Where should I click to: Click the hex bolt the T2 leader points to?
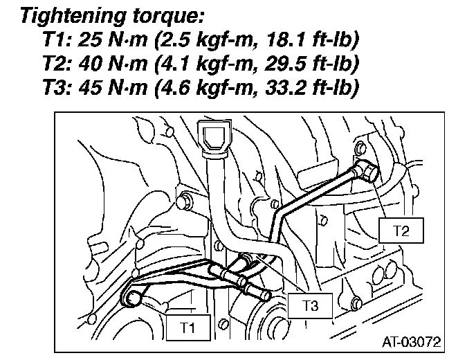click(369, 172)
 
